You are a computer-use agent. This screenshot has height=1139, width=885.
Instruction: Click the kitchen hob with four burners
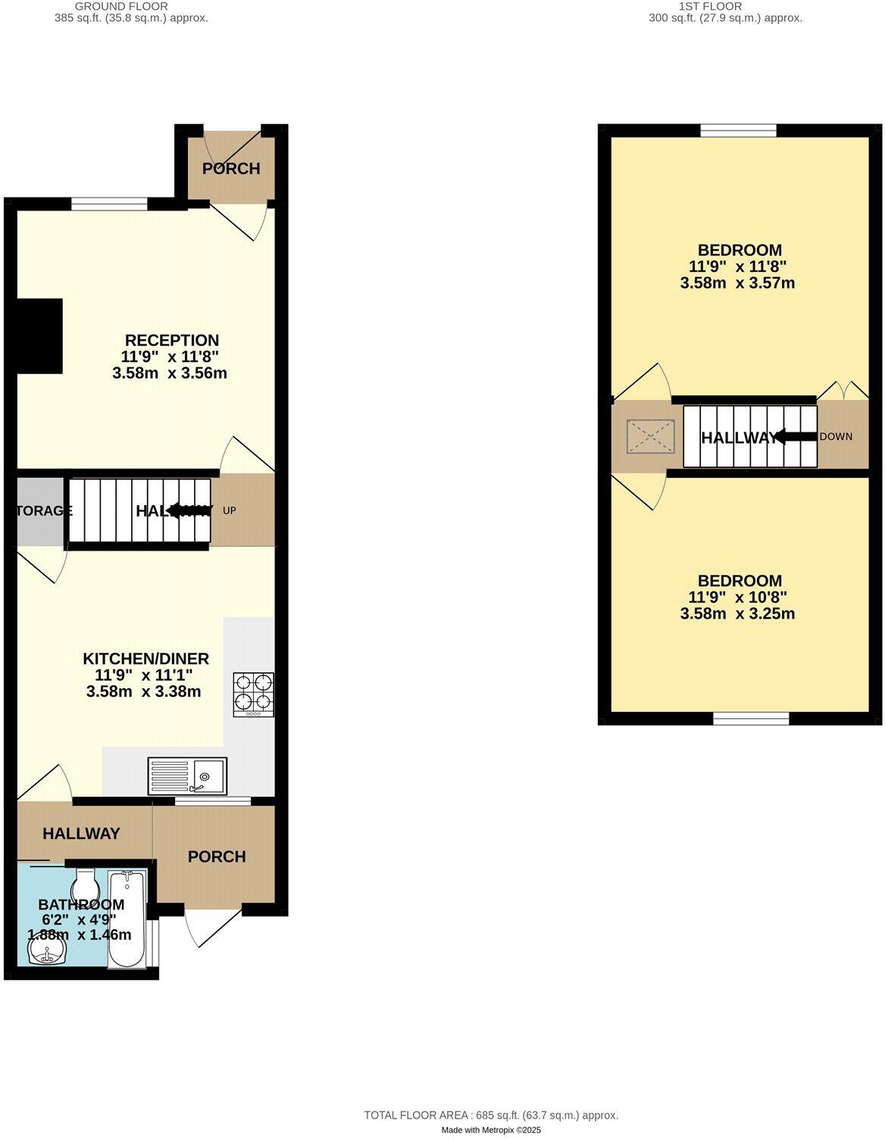[254, 694]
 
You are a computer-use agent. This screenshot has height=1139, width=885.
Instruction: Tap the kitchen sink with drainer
[187, 775]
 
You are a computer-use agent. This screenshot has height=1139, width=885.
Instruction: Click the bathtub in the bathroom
[127, 919]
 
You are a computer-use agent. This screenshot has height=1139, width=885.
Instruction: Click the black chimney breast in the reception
[39, 335]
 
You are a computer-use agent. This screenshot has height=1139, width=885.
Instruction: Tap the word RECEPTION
[172, 340]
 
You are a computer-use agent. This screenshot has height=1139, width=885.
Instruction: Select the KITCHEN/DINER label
[145, 658]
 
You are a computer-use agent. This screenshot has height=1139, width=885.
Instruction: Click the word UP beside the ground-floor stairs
[230, 510]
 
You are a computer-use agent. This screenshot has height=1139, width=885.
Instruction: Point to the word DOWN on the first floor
[836, 437]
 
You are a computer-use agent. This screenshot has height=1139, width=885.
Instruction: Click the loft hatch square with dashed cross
[650, 435]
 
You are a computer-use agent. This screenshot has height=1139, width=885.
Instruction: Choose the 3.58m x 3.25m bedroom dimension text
[737, 613]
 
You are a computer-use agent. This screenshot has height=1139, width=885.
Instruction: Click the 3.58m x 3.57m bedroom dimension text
[737, 283]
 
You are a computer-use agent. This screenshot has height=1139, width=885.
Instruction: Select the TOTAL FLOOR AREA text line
[491, 1115]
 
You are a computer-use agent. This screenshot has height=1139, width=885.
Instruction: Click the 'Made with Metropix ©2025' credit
[491, 1129]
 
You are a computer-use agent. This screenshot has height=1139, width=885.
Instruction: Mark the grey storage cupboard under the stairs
[40, 510]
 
